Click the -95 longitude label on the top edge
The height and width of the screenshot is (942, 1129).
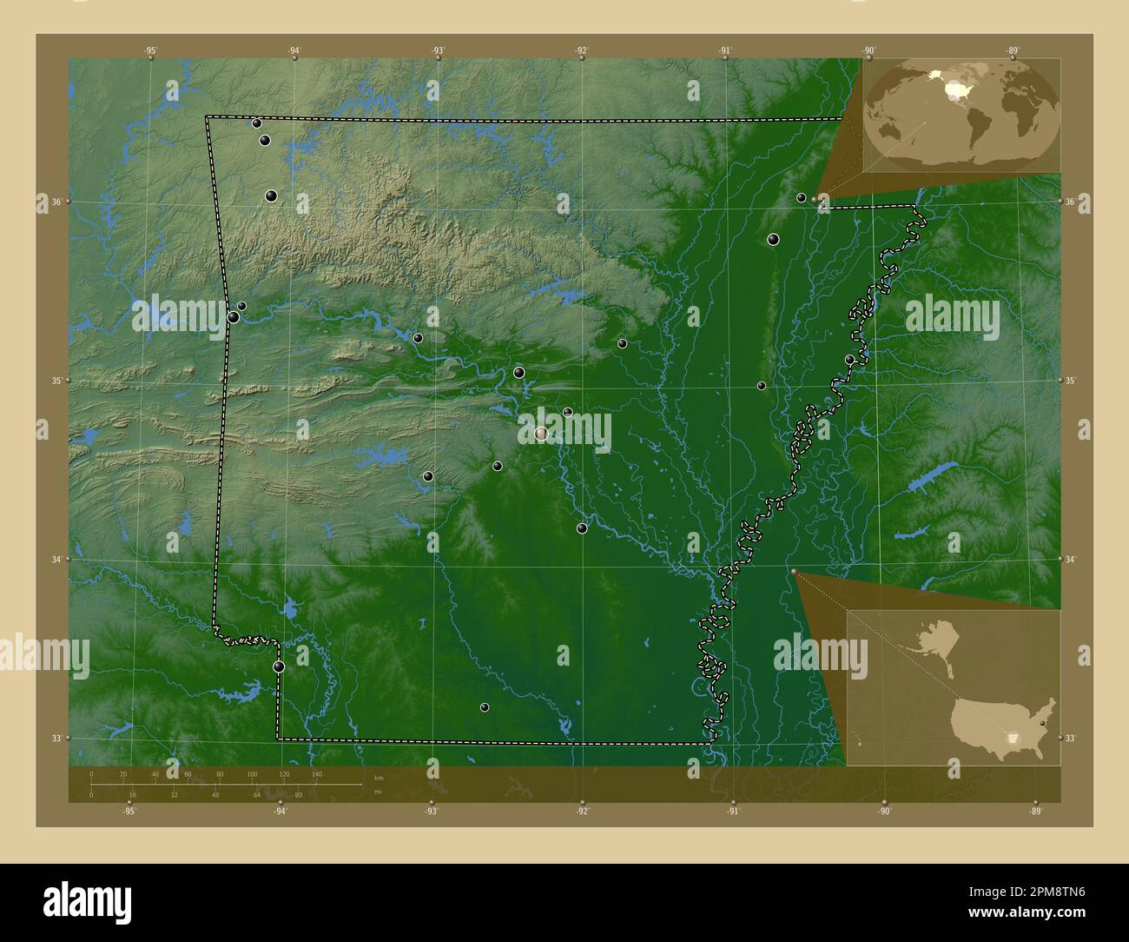point(151,51)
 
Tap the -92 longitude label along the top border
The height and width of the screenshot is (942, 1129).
point(581,51)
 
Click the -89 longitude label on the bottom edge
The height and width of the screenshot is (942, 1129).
point(1035,811)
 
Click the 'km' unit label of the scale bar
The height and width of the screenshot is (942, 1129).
point(378,777)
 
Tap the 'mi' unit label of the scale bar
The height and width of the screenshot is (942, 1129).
point(378,792)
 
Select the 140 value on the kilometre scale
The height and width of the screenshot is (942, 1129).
point(316,773)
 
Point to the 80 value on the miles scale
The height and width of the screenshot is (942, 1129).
point(298,794)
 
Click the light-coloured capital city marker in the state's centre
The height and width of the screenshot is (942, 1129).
point(541,433)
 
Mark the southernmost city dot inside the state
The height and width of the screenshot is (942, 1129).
point(485,707)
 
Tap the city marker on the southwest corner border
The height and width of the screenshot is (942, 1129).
point(279,667)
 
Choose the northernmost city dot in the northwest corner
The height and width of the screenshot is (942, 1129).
point(257,123)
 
